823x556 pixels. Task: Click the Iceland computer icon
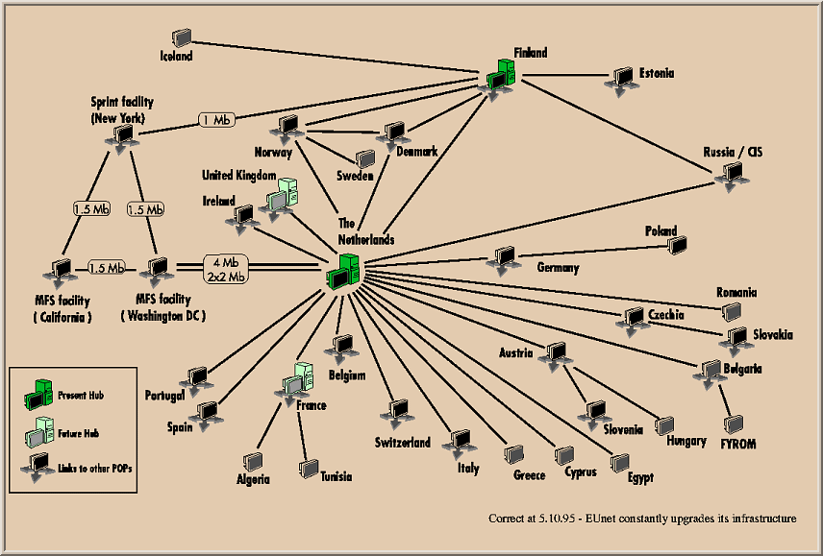(x=181, y=37)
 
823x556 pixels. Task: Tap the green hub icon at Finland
(x=501, y=76)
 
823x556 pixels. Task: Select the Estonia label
(x=656, y=73)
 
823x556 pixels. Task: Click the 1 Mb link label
(x=216, y=120)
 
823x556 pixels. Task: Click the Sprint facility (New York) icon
(x=118, y=138)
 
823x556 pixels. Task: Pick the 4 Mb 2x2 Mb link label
(x=227, y=269)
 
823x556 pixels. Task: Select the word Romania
(x=736, y=293)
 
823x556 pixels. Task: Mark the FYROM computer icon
(x=736, y=423)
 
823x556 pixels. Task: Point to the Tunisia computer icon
(x=309, y=469)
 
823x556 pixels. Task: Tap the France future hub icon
(x=297, y=380)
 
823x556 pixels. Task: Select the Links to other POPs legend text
(x=81, y=468)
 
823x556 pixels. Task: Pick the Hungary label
(x=686, y=442)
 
